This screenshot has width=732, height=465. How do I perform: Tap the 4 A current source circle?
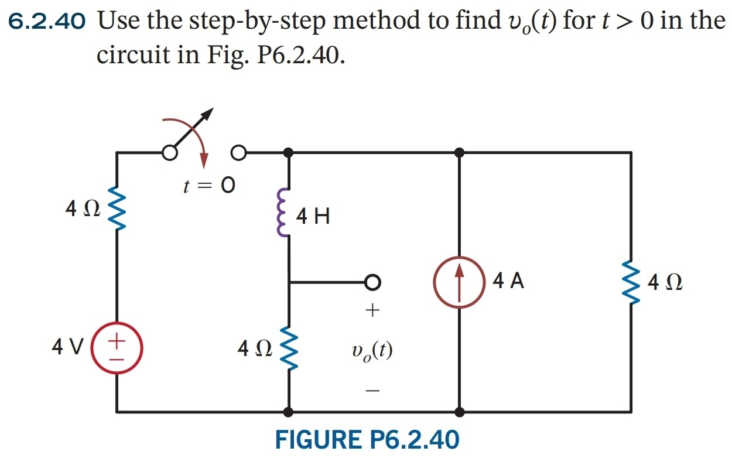click(460, 282)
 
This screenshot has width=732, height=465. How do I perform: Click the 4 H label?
click(313, 217)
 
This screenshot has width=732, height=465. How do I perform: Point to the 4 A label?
click(508, 282)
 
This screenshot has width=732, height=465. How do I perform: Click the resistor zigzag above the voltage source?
click(117, 210)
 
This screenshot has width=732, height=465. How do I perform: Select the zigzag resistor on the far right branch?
click(631, 283)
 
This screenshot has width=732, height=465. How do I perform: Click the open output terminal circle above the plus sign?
click(372, 282)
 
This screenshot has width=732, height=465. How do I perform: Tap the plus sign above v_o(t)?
click(372, 309)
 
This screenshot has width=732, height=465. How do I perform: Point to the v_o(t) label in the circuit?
click(372, 350)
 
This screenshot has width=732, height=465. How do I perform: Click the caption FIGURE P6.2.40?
click(367, 440)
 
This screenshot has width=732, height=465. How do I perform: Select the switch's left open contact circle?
click(169, 153)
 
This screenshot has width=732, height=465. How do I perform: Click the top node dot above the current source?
click(460, 153)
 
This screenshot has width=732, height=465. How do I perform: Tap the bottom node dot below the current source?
click(460, 412)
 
